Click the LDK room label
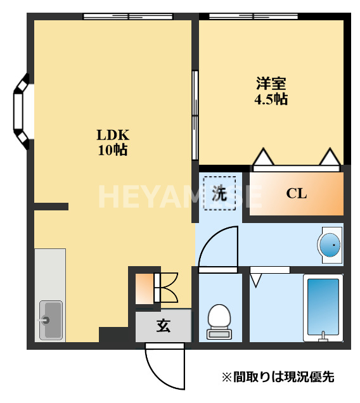pos(113,135)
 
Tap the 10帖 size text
pos(113,150)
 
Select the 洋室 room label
pos(271,83)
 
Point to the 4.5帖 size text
pos(271,99)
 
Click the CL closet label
pos(296,193)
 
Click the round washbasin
pos(330,244)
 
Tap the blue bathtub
pos(323,307)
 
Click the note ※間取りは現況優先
pos(277,377)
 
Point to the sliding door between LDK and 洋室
pos(195,115)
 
